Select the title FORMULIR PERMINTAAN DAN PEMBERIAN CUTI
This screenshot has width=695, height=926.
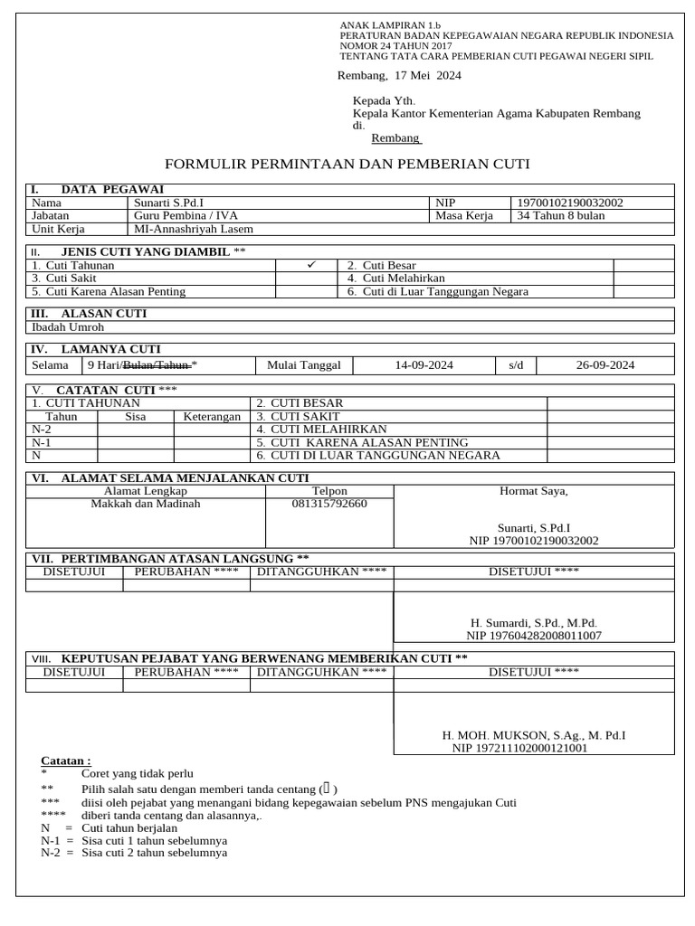click(347, 164)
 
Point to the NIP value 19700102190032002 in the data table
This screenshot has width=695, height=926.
click(569, 203)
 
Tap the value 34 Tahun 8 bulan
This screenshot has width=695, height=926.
click(560, 216)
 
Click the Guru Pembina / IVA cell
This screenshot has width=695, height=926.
click(186, 216)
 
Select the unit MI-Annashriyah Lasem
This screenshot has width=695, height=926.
click(194, 229)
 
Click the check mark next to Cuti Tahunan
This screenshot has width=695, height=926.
click(309, 265)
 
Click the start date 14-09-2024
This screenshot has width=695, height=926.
click(424, 365)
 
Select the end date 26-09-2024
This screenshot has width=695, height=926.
click(605, 365)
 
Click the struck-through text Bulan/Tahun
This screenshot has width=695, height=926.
click(156, 365)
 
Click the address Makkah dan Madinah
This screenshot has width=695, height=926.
click(145, 504)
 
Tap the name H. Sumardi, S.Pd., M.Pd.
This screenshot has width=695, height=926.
click(534, 623)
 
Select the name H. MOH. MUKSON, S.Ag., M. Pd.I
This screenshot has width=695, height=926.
click(533, 736)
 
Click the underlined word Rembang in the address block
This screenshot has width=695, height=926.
click(395, 138)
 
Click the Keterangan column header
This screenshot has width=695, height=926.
click(212, 417)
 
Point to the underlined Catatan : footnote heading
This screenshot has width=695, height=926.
click(66, 761)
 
